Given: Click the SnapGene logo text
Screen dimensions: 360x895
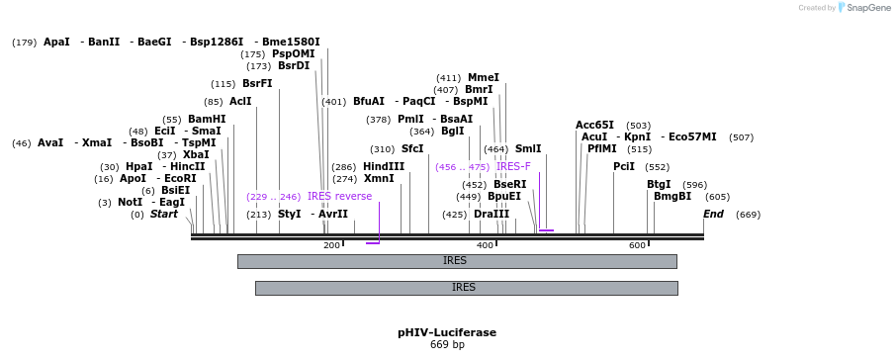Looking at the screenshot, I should pos(863,8).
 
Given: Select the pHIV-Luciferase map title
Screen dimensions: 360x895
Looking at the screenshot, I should pos(447,332).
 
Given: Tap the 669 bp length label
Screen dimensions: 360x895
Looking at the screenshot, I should pos(447,345).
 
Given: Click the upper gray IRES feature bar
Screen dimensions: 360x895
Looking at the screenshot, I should pos(456,261).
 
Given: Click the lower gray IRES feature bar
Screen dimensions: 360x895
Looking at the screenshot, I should pos(465,288).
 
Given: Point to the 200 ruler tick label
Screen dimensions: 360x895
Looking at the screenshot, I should pos(331,245).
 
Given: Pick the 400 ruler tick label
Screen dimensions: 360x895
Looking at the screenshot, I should pos(485,245).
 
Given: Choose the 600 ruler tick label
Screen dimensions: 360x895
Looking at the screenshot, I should pos(637,245).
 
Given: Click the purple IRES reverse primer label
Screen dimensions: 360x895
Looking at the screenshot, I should pos(339,196).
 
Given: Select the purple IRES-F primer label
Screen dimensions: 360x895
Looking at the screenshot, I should pos(513,166).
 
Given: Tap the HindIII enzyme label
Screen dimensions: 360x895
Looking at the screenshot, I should pos(384,166).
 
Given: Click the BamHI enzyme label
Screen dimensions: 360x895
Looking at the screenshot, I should pos(207,119).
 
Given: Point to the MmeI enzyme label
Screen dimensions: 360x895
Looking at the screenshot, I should pos(484,77).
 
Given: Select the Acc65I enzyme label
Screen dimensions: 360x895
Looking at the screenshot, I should pos(594,125).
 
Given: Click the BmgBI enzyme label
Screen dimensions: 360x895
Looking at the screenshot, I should pos(672,196).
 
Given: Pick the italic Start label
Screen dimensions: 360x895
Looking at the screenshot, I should pos(164,214).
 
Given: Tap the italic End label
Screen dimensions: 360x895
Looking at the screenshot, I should pos(713,214).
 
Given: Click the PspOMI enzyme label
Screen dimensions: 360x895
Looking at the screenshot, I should pos(294,53).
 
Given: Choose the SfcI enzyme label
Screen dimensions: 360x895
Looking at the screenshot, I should pos(412,148).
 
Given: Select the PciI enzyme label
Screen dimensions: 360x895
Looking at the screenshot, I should pos(624,166).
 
